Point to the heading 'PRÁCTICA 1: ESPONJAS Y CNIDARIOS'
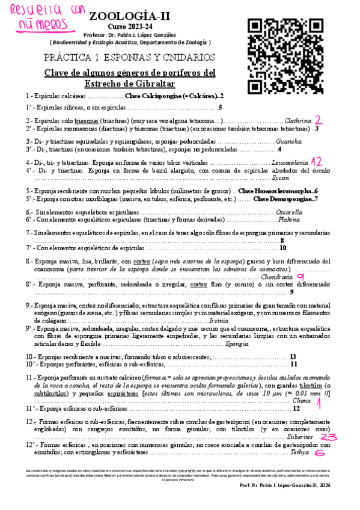[130, 58]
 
